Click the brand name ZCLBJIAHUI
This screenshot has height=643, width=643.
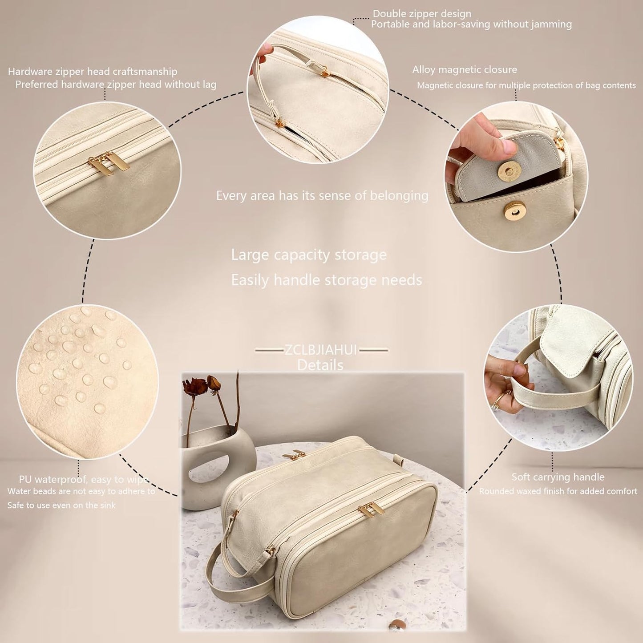321,350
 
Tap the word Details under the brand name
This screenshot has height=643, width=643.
320,365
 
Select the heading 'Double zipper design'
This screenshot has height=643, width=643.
421,14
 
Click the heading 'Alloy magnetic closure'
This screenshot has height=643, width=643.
464,69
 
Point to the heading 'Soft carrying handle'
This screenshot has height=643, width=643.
558,477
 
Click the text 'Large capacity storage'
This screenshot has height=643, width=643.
308,255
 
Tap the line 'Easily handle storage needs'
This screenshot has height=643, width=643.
326,280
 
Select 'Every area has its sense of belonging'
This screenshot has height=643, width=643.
322,196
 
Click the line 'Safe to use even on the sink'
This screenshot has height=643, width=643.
61,506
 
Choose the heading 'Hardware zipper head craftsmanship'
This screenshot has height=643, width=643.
93,72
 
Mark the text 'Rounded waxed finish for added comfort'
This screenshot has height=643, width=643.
558,491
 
